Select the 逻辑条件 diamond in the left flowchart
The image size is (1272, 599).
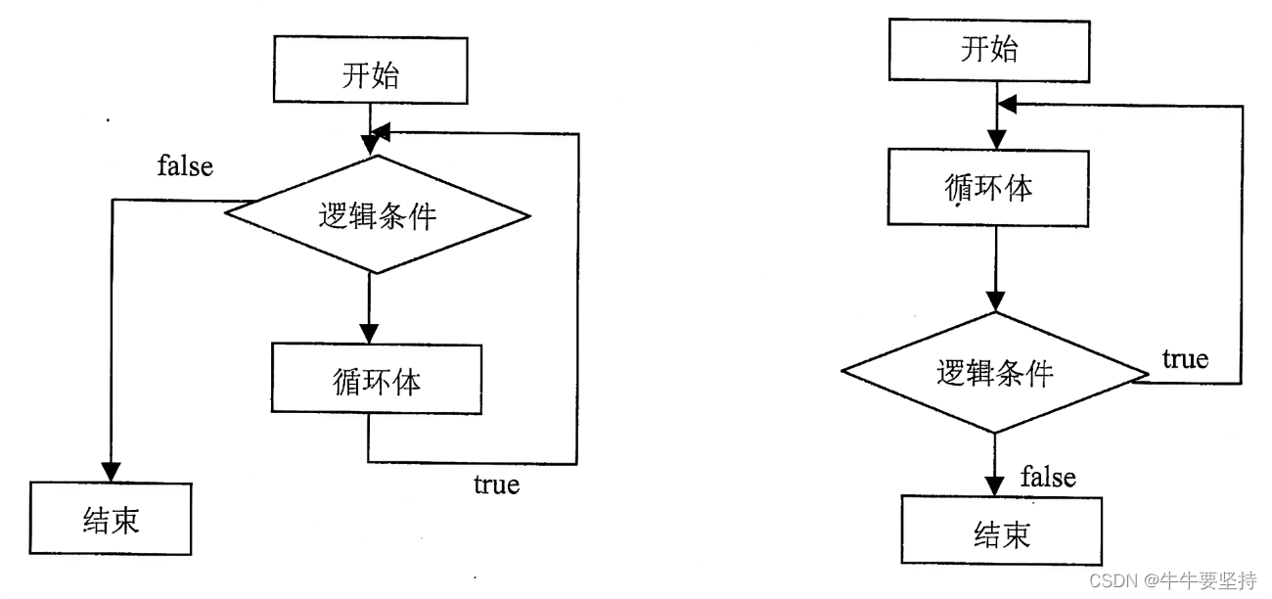click(378, 214)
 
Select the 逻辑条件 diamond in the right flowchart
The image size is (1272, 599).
click(995, 372)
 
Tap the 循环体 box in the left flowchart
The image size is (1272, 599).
click(377, 380)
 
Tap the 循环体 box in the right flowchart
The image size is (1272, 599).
click(989, 187)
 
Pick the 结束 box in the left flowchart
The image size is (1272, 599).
click(110, 518)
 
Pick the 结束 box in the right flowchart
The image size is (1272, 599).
click(1002, 533)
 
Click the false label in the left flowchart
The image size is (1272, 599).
click(185, 166)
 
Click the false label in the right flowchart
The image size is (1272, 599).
click(1048, 478)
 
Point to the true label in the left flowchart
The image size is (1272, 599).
click(496, 484)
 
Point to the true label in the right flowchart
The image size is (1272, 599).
click(1185, 359)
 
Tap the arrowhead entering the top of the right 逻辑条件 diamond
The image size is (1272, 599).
click(995, 301)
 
